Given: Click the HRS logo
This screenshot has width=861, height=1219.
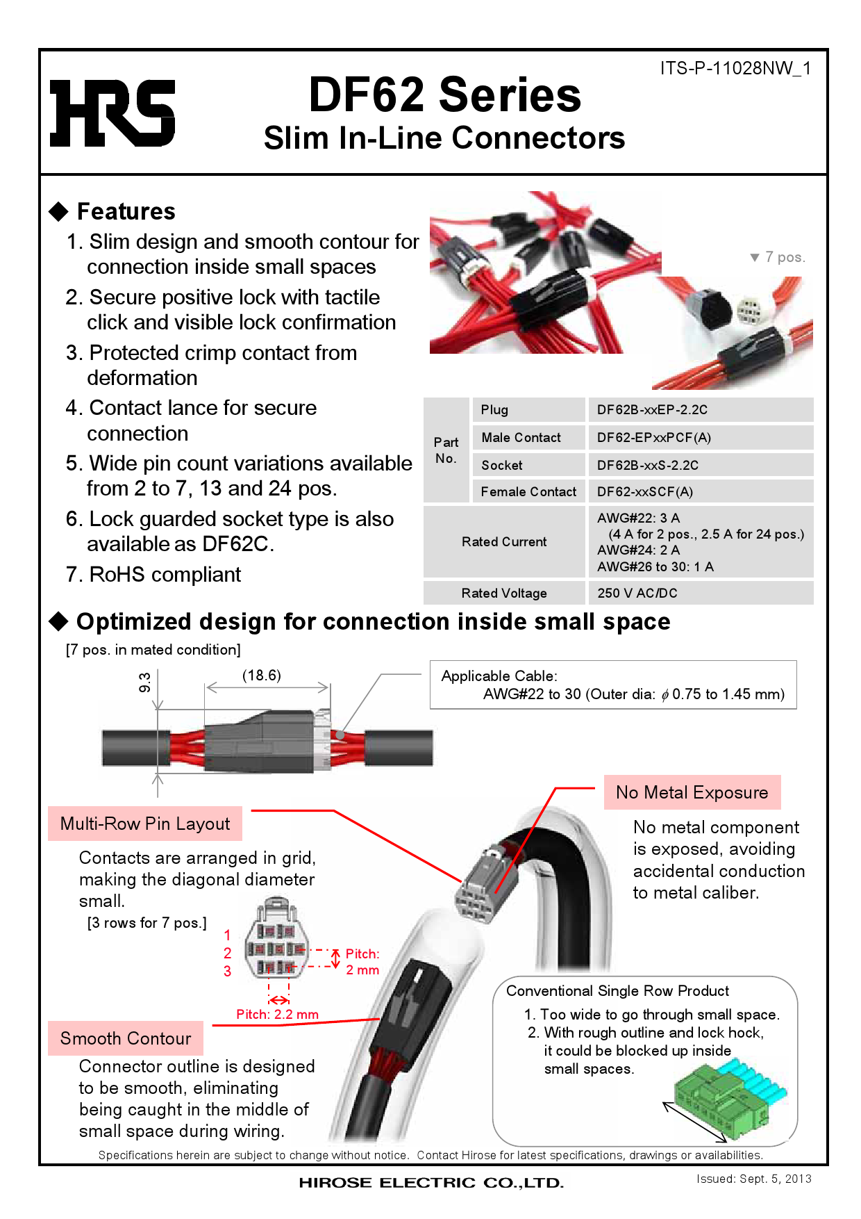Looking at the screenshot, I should coord(112,113).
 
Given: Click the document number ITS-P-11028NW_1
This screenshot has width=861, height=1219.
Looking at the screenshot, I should coord(735,68).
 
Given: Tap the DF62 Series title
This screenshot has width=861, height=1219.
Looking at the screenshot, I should coord(444,95).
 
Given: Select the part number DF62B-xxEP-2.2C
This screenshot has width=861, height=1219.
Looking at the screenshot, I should coord(652,410).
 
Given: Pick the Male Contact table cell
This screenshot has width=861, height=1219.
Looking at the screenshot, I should coord(521,438).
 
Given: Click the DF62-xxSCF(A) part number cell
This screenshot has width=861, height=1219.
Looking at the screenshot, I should coord(644,492).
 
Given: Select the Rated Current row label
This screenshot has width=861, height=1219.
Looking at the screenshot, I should coord(504,542).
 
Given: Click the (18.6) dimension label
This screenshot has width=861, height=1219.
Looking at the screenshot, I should coord(262,676).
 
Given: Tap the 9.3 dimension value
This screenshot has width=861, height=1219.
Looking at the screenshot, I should coord(144,682).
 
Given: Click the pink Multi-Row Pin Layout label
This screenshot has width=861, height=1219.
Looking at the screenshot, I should coord(145,824).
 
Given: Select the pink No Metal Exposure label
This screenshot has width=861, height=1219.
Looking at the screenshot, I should coord(692,793).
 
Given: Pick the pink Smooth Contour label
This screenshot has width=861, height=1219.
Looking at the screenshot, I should coord(126,1039).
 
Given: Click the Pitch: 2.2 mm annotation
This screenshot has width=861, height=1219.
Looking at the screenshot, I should coord(277,1015).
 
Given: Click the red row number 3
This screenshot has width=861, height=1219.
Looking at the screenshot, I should coord(227,972).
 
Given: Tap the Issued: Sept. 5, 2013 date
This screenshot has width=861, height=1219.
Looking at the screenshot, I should coord(754,1179).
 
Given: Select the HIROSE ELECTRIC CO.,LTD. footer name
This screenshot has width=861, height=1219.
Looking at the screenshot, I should coord(431,1183).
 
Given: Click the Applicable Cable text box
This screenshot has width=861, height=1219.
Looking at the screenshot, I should coord(612,685).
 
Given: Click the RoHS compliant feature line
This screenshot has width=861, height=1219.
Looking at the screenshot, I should coord(153,575).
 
